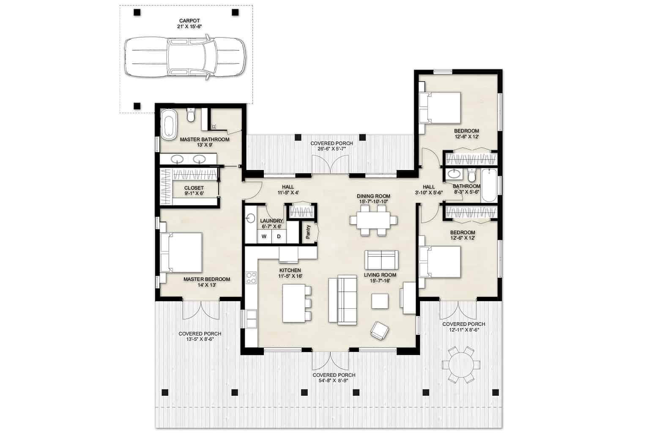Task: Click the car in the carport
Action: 185,58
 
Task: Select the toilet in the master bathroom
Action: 191,115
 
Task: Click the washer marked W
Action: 264,236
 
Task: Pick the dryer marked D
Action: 279,236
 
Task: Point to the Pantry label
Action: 308,232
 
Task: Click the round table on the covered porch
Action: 460,364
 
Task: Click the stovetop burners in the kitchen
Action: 251,277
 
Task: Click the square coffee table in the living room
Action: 380,301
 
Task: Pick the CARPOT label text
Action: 189,20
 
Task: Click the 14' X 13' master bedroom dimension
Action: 207,285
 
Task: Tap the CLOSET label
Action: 194,188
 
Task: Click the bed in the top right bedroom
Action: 441,107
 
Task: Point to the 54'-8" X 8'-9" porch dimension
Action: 334,381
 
